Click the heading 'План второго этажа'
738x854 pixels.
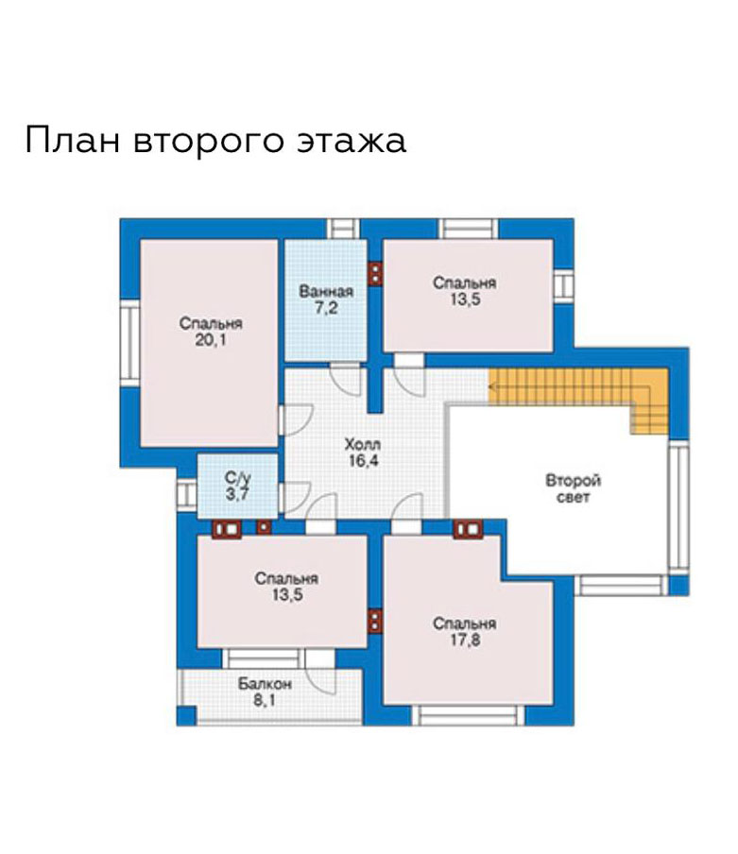pos(215,141)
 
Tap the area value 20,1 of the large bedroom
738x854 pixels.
pos(210,341)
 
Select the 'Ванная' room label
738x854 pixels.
pos(326,291)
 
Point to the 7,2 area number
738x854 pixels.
pos(326,308)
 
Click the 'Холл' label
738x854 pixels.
pos(363,444)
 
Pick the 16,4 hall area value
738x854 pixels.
pos(363,461)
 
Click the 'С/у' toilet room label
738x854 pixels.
pos(238,479)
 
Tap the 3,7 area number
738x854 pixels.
pos(238,494)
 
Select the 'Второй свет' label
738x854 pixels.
pos(573,488)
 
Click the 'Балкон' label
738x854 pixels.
pos(265,684)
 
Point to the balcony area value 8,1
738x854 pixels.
pos(265,700)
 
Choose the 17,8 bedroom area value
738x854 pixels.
pos(465,640)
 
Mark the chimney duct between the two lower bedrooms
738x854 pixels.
pos(375,621)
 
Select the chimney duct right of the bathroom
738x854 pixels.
pos(375,273)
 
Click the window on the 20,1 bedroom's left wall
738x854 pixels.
pos(130,343)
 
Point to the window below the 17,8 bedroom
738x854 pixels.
pos(468,716)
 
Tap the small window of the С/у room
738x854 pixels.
pos(186,494)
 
